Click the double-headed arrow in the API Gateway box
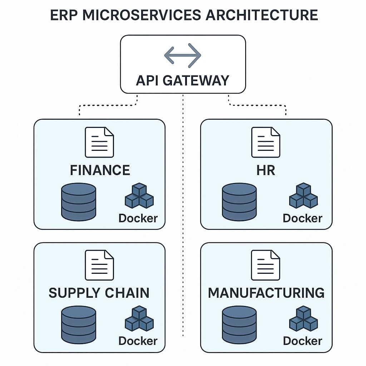click(183, 55)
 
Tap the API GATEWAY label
click(183, 80)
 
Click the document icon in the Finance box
click(99, 142)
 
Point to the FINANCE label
click(100, 170)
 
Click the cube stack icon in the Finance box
click(139, 196)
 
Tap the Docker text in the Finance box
click(138, 218)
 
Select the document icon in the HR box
click(266, 142)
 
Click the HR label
click(266, 170)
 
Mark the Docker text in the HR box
click(302, 218)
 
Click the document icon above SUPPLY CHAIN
click(99, 265)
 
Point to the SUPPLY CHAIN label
click(99, 293)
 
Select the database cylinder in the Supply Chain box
click(79, 324)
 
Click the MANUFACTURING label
click(266, 293)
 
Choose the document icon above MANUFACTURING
click(266, 265)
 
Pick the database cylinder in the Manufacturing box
click(239, 324)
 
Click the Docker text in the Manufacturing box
click(302, 341)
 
